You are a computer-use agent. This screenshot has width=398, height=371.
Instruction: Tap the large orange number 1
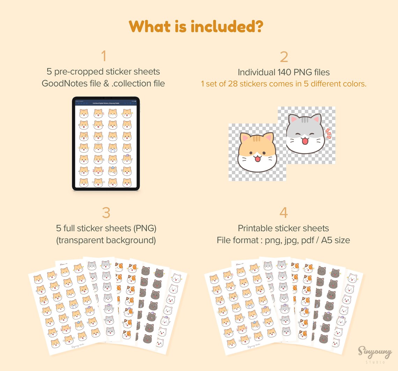(103, 56)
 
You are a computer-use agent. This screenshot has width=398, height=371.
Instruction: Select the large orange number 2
(283, 57)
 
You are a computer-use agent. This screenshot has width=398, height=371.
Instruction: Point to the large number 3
(106, 213)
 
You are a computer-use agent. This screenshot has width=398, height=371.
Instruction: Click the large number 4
(283, 213)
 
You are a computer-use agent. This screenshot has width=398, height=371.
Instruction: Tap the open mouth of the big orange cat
(258, 159)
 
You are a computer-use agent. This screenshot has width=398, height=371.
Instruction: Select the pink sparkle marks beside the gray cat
(328, 133)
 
